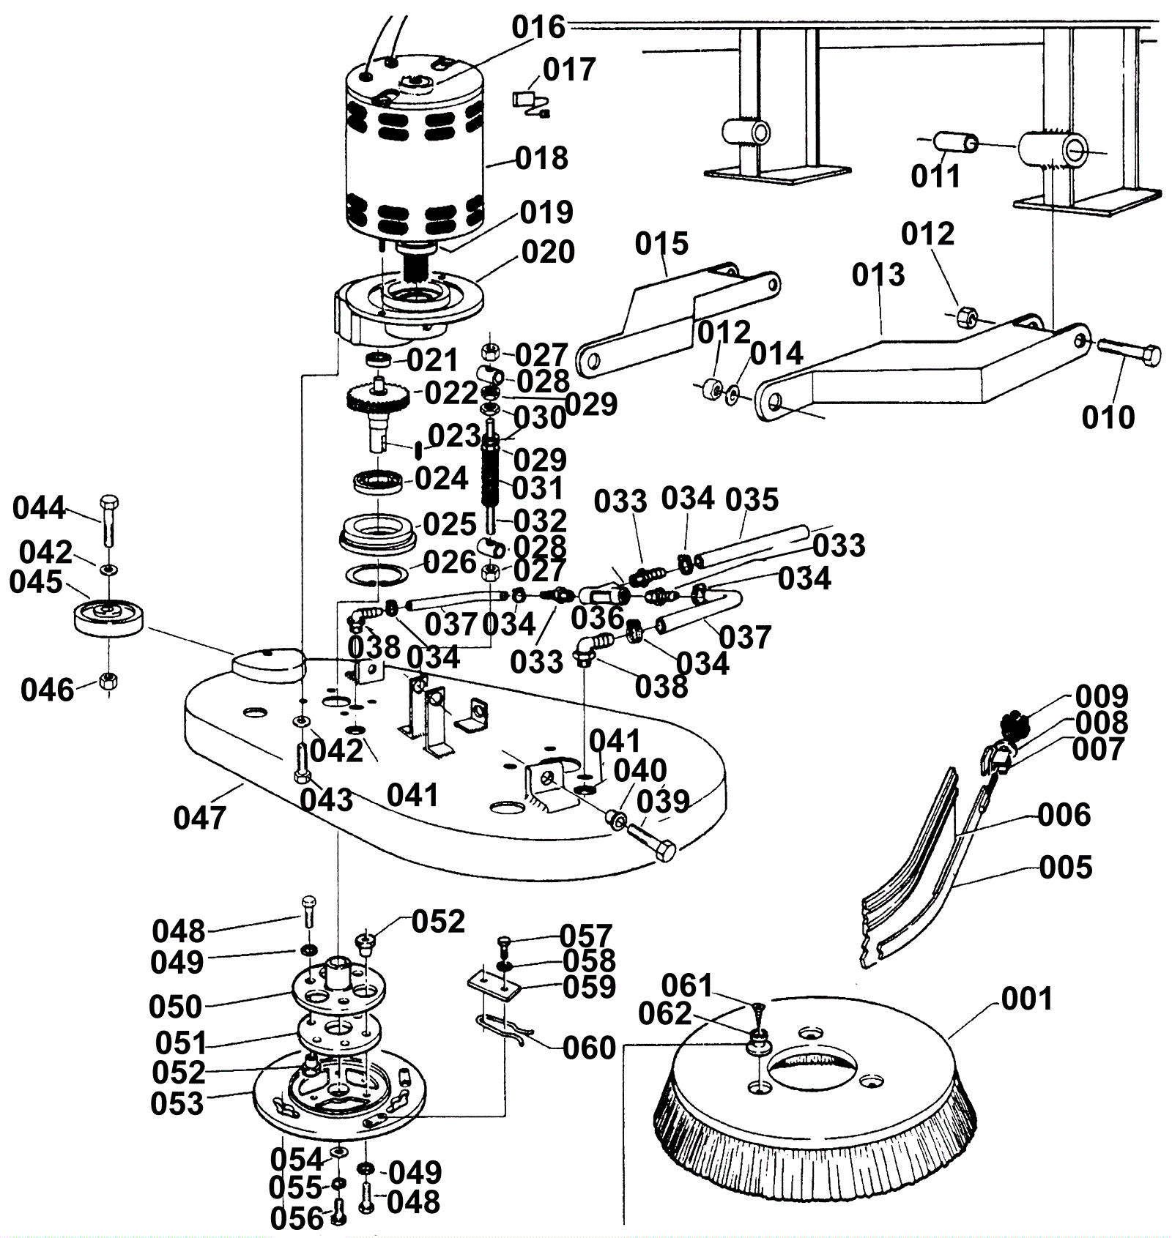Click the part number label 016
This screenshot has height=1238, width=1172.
click(x=538, y=27)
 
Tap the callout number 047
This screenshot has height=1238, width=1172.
click(x=200, y=817)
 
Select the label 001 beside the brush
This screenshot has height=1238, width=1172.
click(x=1026, y=999)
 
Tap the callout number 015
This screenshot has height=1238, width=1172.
click(x=661, y=244)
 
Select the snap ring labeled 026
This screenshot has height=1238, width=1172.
click(x=376, y=575)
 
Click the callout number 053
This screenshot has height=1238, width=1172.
click(x=177, y=1103)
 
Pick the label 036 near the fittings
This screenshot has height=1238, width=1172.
click(x=597, y=618)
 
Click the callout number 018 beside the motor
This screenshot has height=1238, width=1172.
click(x=541, y=158)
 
